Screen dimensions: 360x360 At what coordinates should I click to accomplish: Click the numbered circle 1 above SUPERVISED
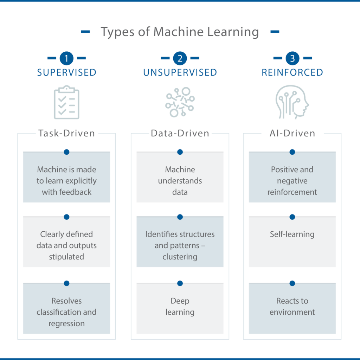pos(66,58)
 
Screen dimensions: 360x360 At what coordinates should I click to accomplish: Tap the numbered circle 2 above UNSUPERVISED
pos(180,58)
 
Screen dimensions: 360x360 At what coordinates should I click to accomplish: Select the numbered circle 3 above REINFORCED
pos(292,58)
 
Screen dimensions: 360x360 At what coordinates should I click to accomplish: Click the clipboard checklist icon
pos(66,102)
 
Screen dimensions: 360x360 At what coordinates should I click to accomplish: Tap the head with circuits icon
pos(292,102)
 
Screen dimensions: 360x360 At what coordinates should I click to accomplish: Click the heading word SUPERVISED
pos(66,72)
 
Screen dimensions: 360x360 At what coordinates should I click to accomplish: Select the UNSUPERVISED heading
pos(180,72)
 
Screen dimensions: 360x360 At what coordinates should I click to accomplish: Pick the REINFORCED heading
pos(292,72)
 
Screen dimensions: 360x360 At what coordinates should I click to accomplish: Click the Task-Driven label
pos(66,133)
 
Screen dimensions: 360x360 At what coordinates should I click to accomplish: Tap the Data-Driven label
pos(180,133)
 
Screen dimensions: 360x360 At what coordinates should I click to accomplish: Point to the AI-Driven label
pos(292,133)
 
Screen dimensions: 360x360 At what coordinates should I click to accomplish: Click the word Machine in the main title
pos(178,32)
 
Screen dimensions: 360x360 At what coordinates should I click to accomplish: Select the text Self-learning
pos(292,234)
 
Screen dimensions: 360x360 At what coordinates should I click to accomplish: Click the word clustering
pos(180,257)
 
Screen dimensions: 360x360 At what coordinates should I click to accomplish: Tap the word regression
pos(66,324)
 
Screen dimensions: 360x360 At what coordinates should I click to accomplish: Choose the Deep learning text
pos(180,307)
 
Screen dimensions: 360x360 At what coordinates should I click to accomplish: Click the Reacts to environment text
pos(292,307)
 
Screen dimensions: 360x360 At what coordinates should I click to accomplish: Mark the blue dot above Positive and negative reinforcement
pos(292,152)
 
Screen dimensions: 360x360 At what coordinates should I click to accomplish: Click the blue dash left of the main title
pos(85,32)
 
